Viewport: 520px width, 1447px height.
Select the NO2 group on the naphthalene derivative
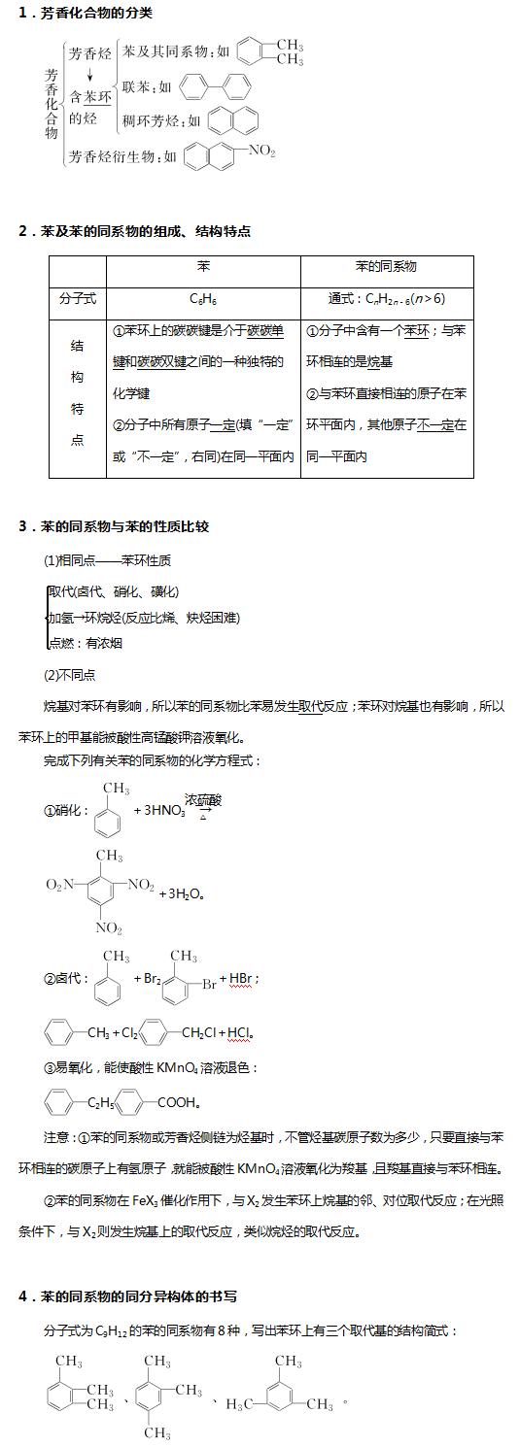point(262,151)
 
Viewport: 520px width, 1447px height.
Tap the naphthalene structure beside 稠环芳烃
point(233,120)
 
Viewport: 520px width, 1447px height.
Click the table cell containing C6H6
point(203,299)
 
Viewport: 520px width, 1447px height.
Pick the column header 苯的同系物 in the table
point(387,266)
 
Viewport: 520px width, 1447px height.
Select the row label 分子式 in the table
point(78,299)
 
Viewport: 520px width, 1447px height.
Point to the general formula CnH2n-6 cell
point(387,299)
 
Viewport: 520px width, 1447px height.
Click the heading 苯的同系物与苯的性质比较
point(120,526)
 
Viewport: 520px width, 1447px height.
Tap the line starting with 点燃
point(86,643)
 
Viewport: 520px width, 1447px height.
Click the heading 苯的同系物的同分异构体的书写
point(132,1296)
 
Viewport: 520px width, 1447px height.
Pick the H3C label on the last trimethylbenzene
point(240,1404)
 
